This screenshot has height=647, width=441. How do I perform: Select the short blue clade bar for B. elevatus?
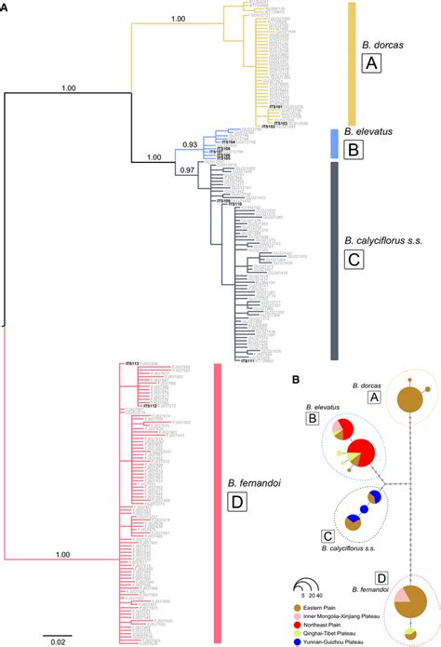(333, 142)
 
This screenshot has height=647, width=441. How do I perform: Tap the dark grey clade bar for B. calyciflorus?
(332, 260)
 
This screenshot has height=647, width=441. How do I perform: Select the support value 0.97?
(188, 168)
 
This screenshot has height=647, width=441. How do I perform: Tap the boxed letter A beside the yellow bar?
(371, 63)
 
